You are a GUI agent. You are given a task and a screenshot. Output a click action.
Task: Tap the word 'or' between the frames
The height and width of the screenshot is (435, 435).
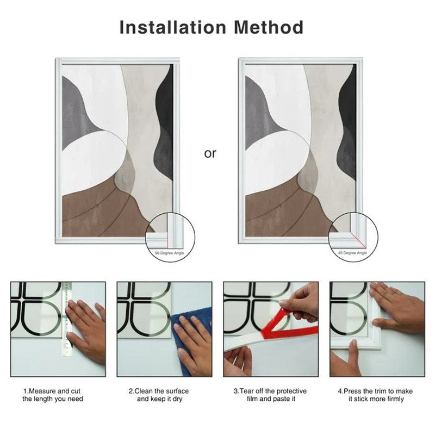(x=210, y=154)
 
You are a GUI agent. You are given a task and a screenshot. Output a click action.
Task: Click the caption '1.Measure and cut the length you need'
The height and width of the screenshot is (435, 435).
(x=53, y=395)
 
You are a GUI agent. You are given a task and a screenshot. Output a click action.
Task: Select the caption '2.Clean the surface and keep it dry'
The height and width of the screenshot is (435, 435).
(x=159, y=395)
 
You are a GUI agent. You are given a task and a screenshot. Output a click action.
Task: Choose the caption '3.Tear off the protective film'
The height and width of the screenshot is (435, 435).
(x=270, y=395)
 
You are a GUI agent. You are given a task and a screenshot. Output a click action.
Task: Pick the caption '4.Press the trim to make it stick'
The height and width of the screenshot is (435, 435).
(x=376, y=395)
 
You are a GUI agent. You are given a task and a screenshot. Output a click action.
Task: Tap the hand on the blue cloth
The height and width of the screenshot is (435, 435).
(x=193, y=337)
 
